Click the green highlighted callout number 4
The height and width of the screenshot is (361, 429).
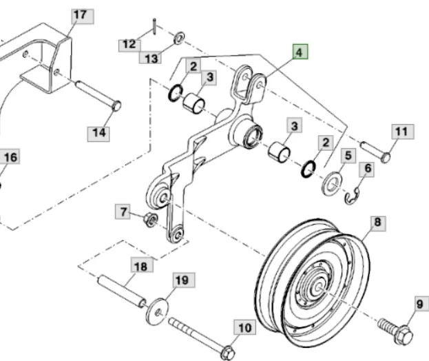(300, 52)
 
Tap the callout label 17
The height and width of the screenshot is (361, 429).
(83, 16)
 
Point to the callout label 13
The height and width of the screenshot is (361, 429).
(150, 57)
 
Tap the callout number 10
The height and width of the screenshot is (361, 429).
(244, 327)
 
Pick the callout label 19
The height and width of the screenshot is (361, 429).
(184, 280)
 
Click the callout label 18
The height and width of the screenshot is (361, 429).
(142, 265)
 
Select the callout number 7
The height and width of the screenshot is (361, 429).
(123, 212)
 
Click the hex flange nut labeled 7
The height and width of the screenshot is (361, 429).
(151, 220)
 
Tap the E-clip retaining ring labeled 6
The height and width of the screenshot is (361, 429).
(353, 196)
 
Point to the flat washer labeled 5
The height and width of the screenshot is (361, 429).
(332, 184)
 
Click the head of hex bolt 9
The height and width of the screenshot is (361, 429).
(404, 335)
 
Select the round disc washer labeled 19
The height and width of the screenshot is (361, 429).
(157, 311)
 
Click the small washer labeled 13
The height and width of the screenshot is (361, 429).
(179, 38)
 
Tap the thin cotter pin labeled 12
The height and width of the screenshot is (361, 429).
(154, 27)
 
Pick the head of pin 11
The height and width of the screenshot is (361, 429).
(385, 158)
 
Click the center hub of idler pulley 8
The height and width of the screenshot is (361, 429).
(318, 287)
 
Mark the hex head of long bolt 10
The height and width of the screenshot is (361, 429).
(227, 353)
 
